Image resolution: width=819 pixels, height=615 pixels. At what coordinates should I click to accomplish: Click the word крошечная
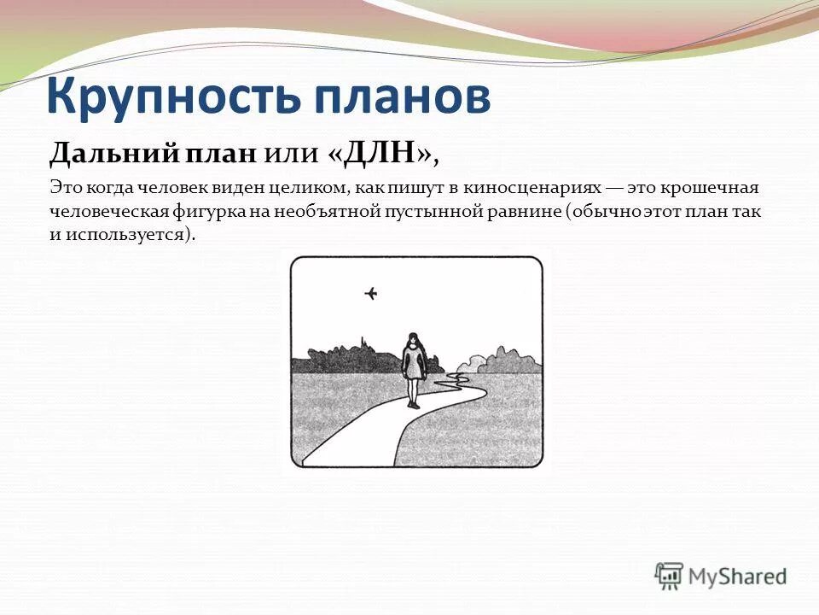click(716, 187)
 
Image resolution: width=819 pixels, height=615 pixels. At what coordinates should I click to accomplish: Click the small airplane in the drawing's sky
click(371, 294)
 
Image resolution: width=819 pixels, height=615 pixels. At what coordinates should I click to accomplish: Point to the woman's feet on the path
click(414, 404)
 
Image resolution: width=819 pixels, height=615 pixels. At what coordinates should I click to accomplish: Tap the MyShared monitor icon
click(670, 575)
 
